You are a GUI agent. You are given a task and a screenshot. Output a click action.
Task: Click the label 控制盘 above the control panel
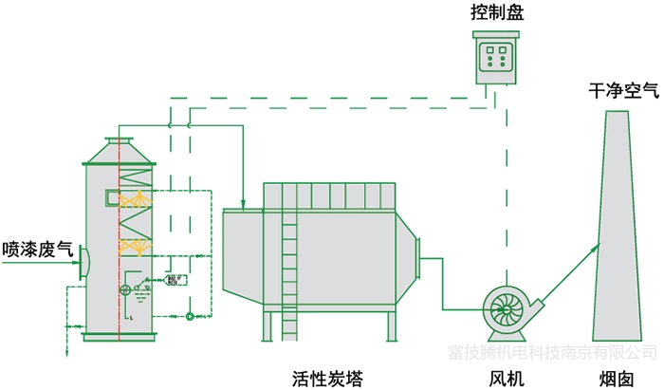(497, 14)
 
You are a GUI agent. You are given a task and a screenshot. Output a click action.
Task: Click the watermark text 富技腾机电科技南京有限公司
(552, 353)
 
